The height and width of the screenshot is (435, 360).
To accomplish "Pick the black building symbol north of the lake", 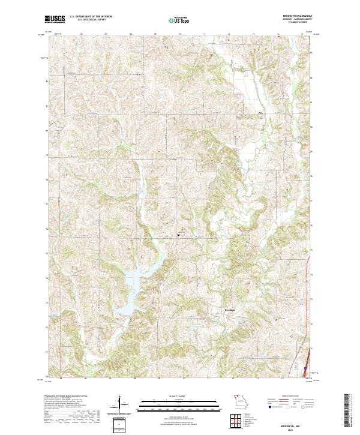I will pyautogui.click(x=178, y=235).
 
